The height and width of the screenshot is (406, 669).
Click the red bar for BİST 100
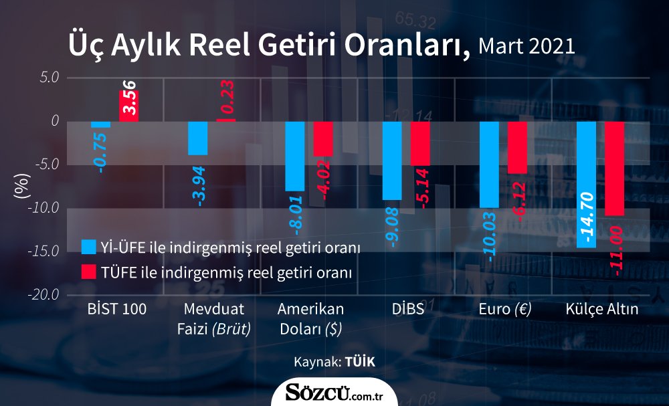tap(128, 106)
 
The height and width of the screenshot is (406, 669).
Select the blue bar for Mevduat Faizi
tap(197, 138)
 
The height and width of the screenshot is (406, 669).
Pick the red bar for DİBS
tap(420, 143)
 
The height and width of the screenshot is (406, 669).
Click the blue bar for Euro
tap(489, 165)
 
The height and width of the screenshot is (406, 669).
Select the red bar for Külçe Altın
tap(614, 169)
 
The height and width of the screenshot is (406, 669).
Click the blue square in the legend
tap(88, 247)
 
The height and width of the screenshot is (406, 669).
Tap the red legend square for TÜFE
tap(88, 272)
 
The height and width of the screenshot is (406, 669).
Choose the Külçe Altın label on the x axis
tap(601, 310)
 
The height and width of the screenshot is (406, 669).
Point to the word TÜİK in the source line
tap(359, 362)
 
